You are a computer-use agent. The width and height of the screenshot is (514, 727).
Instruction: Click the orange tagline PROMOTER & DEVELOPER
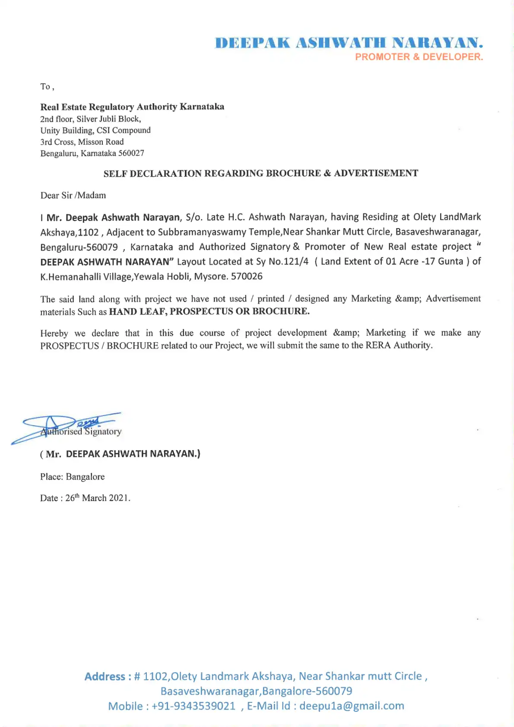tap(419, 57)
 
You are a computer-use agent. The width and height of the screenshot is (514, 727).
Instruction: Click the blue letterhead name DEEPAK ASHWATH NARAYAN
tap(349, 43)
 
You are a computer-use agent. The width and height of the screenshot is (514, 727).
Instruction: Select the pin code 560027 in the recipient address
tap(131, 153)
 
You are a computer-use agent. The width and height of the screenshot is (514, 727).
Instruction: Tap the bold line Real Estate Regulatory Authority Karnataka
tap(132, 107)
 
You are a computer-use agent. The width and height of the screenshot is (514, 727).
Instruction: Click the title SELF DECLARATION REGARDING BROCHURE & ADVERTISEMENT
tap(260, 173)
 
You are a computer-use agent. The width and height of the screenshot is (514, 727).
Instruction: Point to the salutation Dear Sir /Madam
tap(73, 195)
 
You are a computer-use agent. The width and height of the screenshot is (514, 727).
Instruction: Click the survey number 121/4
tap(295, 261)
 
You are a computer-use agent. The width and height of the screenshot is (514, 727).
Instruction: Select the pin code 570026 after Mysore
tap(247, 276)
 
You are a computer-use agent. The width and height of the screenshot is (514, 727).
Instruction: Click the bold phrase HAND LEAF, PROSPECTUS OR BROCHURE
tap(209, 311)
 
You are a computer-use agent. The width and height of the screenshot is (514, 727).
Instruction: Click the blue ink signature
tap(65, 425)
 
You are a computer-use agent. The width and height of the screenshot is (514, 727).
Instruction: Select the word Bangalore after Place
tap(85, 477)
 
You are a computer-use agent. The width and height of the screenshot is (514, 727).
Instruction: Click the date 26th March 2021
tap(98, 498)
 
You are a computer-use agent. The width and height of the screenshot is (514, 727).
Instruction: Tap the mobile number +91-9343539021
tap(194, 706)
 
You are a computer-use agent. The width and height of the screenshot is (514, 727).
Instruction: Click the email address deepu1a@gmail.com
tap(352, 706)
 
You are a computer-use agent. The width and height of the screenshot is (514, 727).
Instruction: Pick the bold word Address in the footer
tap(105, 676)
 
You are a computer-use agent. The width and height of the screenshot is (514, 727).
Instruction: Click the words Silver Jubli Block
tap(108, 119)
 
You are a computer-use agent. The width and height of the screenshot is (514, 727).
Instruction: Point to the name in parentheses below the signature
tap(120, 454)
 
